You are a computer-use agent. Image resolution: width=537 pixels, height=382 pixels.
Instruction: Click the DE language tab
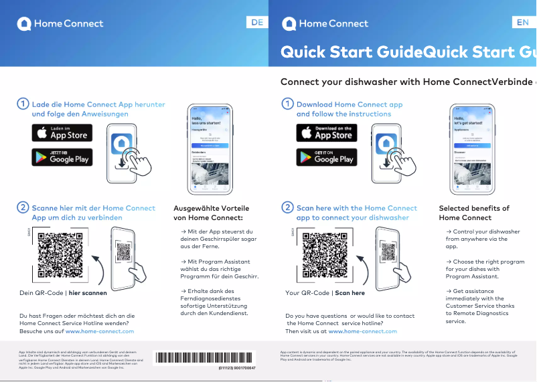point(257,23)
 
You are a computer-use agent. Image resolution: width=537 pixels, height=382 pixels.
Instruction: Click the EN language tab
point(523,23)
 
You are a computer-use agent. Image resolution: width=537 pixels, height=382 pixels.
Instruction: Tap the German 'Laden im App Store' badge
point(62,132)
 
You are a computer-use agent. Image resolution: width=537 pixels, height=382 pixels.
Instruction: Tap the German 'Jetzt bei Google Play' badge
point(62,157)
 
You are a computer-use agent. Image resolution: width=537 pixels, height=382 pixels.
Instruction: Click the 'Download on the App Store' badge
point(327,132)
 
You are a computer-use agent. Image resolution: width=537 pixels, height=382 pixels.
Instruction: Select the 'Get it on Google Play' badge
point(327,157)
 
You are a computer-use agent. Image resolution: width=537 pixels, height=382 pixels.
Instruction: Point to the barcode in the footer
point(205,357)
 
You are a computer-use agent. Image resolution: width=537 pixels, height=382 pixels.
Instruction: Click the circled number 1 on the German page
point(23,104)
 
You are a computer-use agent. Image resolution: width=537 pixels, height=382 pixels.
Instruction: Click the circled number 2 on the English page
point(287,208)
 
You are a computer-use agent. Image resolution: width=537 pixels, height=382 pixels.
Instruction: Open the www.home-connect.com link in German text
point(99,331)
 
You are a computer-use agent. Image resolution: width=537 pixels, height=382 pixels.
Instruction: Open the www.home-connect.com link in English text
point(362,331)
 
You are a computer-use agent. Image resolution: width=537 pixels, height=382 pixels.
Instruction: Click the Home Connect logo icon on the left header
point(24,23)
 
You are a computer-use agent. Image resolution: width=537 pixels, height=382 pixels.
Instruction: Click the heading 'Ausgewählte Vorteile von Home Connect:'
point(208,213)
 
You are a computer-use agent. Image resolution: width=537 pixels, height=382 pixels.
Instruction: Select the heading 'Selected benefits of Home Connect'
point(474,213)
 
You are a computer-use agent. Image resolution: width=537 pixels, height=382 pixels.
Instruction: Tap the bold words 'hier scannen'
point(88,293)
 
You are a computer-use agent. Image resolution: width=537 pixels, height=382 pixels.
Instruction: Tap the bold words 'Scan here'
point(350,293)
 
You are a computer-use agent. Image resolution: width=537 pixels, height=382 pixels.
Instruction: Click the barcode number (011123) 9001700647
point(236,368)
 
